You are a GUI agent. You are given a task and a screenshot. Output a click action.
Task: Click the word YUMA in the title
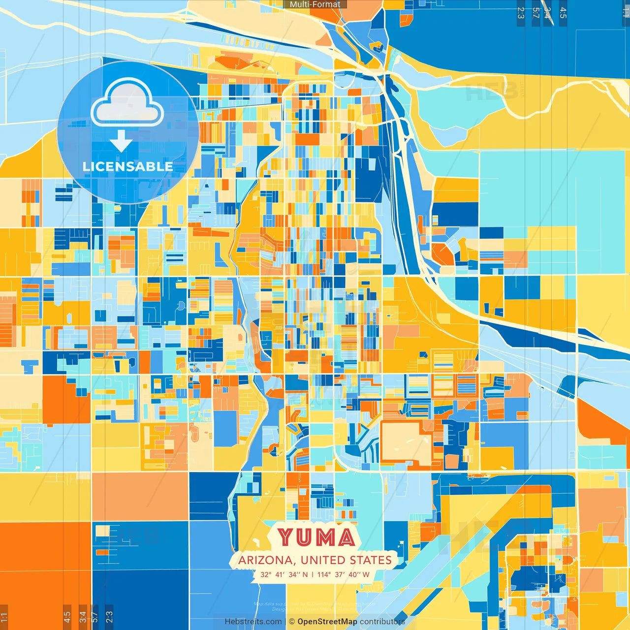tap(316, 537)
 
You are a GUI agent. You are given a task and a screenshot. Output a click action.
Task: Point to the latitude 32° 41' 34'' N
tap(284, 574)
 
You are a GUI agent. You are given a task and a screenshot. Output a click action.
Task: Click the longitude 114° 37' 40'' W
tap(343, 574)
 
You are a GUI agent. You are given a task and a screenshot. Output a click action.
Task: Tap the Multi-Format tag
tap(315, 4)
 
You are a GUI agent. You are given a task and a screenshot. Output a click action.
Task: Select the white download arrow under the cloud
tap(121, 141)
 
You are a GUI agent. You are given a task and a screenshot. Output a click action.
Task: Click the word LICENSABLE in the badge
tap(127, 166)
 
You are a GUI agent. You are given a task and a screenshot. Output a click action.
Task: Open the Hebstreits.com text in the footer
tap(253, 622)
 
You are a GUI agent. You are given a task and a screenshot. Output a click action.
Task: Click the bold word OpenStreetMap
tap(327, 622)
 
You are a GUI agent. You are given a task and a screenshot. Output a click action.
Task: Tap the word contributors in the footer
tap(382, 622)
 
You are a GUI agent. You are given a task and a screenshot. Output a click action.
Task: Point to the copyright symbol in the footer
tap(292, 622)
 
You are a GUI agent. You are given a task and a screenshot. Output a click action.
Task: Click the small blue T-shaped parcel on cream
tap(30, 366)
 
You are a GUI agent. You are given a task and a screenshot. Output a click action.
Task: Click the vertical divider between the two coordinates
tap(313, 574)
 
